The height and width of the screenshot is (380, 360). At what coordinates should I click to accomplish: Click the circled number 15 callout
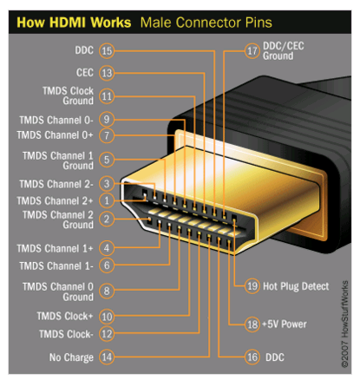click(107, 51)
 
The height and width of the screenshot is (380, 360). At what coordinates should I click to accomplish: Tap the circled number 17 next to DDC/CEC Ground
click(252, 51)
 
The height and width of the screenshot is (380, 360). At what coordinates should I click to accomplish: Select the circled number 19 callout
click(252, 286)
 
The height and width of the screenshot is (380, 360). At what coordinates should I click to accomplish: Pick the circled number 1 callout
click(107, 200)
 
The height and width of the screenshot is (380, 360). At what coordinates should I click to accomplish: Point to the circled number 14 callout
click(107, 357)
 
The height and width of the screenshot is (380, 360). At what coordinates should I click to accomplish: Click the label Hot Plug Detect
click(296, 286)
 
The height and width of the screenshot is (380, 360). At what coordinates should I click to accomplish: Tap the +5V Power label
click(285, 324)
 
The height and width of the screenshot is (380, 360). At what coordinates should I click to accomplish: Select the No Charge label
click(71, 357)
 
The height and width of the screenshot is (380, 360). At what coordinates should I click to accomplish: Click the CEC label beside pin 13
click(85, 73)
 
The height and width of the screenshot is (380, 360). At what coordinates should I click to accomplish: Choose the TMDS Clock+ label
click(65, 316)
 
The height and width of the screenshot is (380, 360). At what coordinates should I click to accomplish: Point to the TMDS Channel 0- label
click(56, 120)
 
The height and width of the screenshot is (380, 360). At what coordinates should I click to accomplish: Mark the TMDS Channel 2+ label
click(56, 200)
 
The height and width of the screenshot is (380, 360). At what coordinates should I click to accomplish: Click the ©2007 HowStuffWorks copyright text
click(344, 324)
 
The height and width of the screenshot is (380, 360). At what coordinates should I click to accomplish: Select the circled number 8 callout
click(107, 291)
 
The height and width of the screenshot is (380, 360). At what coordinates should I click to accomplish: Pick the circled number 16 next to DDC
click(252, 357)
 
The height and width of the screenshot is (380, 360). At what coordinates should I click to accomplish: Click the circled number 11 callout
click(107, 96)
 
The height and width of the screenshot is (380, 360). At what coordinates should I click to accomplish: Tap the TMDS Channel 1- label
click(56, 266)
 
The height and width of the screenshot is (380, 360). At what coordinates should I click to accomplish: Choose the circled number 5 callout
click(107, 160)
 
